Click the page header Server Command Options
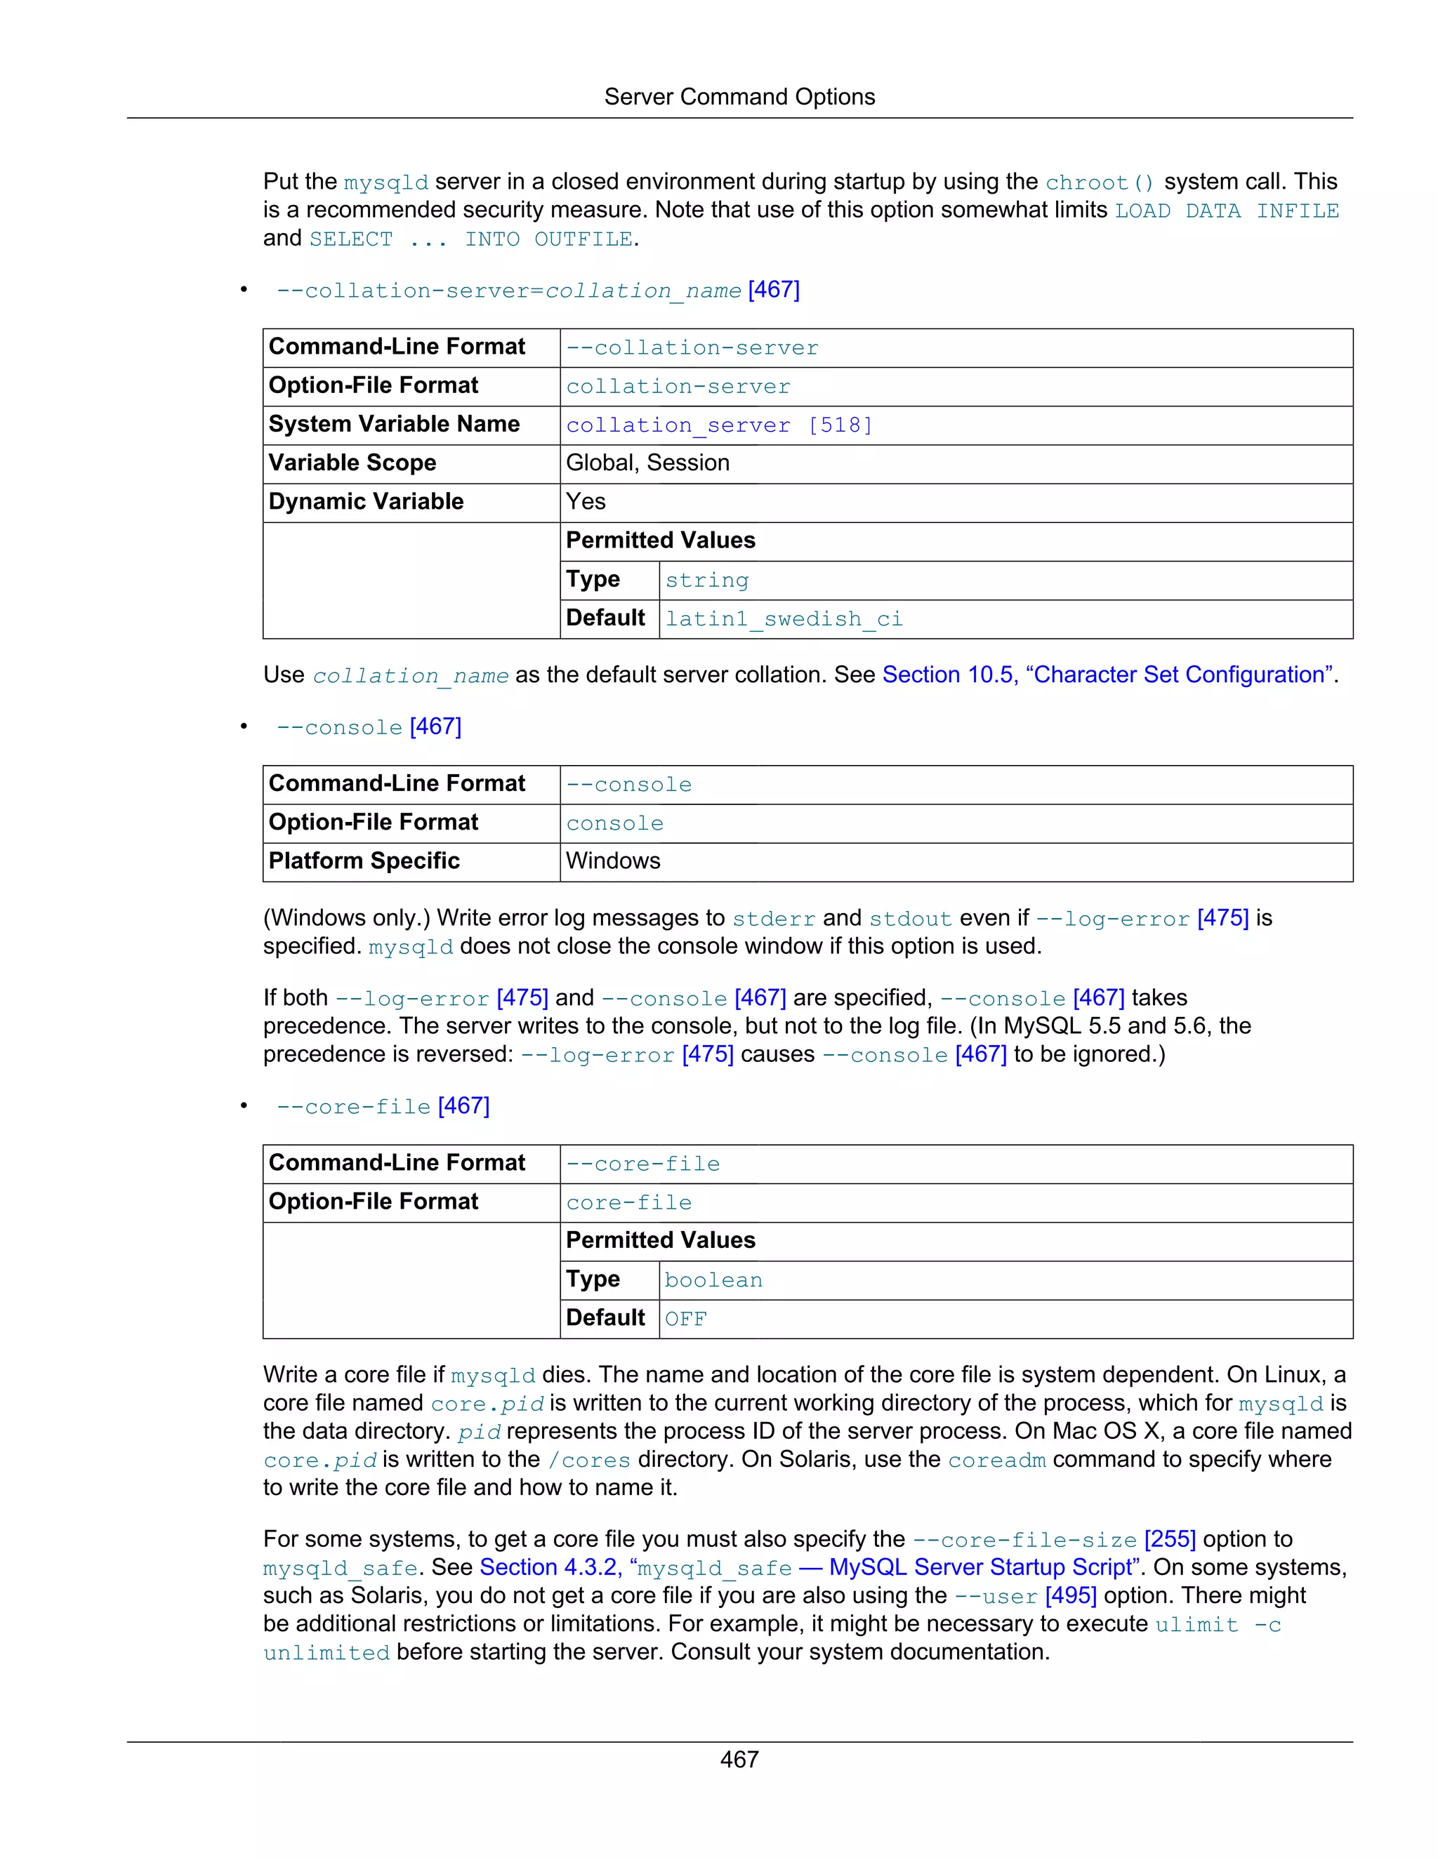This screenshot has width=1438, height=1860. (x=739, y=97)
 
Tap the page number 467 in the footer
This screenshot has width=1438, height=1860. (x=739, y=1760)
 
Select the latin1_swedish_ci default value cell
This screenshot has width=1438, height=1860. (x=783, y=619)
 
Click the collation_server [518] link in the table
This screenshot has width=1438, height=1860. (x=719, y=425)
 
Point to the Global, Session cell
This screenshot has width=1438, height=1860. (x=647, y=463)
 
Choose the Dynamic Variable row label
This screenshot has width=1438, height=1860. (x=367, y=502)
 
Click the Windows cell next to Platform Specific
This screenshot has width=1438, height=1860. (x=612, y=861)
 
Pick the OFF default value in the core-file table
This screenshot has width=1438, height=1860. (x=686, y=1320)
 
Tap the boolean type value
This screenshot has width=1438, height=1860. (x=713, y=1280)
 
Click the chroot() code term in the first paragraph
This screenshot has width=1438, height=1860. (x=1099, y=183)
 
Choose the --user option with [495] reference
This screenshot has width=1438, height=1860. (x=1025, y=1596)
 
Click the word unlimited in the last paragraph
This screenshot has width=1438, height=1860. (x=326, y=1653)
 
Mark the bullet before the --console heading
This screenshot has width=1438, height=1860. (x=244, y=726)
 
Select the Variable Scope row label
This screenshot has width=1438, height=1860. (x=352, y=463)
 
